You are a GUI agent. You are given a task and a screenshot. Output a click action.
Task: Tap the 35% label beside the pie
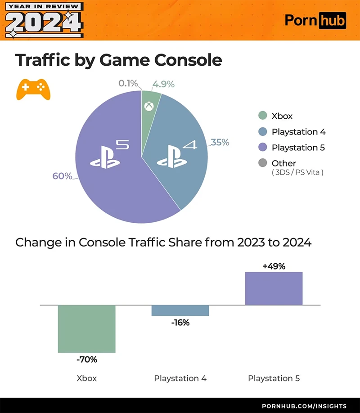click(220, 143)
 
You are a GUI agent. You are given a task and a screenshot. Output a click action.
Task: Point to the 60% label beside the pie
click(62, 176)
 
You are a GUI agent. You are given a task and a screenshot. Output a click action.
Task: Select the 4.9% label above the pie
click(163, 84)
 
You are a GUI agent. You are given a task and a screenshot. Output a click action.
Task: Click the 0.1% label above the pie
click(128, 84)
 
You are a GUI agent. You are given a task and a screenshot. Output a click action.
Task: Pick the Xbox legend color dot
click(263, 116)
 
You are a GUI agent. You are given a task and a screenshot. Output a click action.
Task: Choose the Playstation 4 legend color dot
click(263, 132)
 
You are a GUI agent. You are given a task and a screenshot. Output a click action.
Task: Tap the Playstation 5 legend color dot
click(263, 148)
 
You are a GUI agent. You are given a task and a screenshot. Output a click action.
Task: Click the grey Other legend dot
click(263, 163)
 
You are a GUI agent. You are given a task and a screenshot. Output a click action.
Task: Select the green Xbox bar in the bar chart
click(86, 329)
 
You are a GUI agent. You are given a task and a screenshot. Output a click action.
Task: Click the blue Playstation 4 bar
click(180, 310)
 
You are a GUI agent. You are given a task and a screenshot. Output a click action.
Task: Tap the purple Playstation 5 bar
click(274, 288)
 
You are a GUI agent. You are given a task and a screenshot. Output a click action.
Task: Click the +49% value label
click(274, 266)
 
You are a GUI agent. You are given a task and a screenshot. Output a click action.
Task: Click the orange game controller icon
click(33, 89)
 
